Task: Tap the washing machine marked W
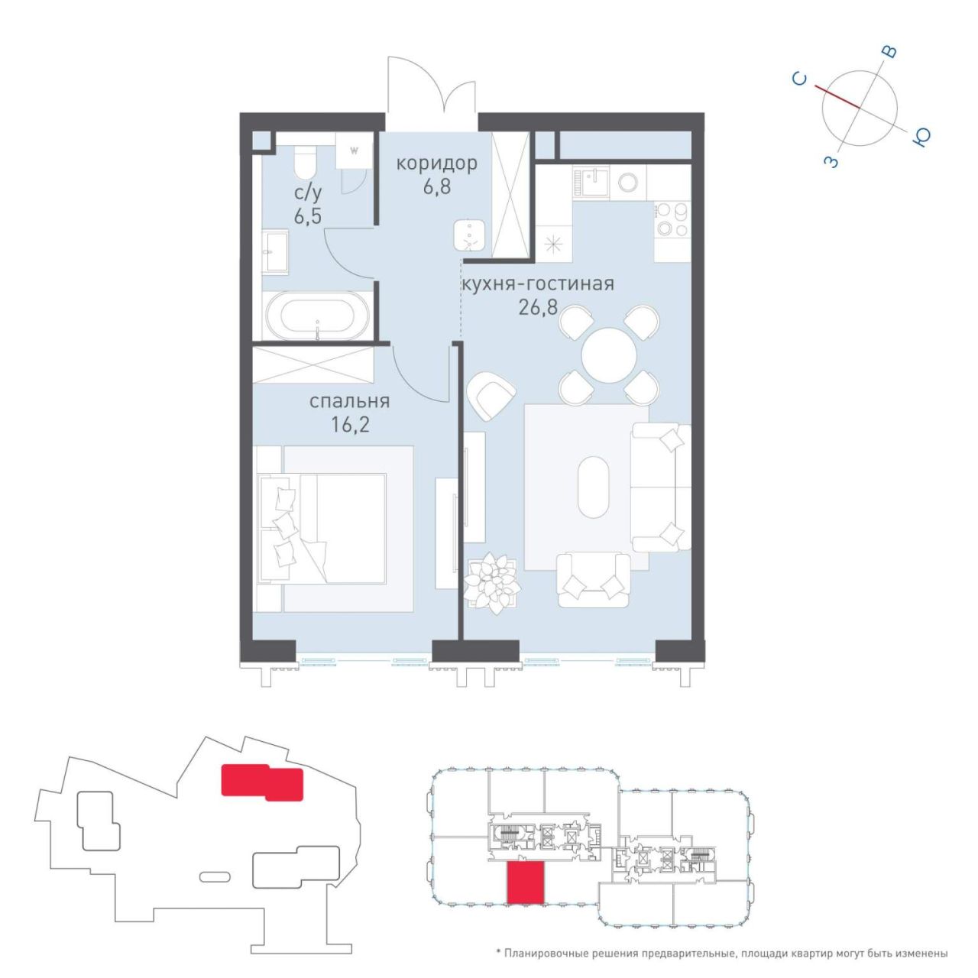[x=355, y=151]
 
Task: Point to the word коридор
[x=437, y=164]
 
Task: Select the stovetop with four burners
[x=672, y=222]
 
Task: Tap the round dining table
[x=609, y=355]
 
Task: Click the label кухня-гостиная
[x=537, y=283]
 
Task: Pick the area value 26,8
[x=538, y=309]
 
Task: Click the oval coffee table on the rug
[x=593, y=487]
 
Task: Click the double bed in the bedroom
[x=322, y=527]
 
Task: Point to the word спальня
[x=350, y=401]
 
